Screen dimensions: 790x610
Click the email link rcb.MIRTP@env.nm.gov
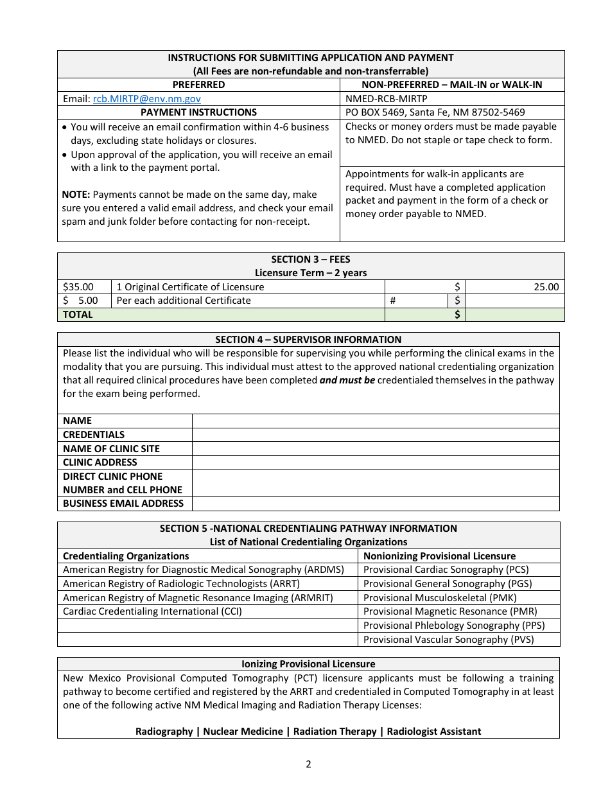click(146, 99)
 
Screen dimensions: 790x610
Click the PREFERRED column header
click(198, 85)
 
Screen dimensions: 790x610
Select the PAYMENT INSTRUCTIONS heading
click(198, 112)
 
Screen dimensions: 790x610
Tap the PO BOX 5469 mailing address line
click(435, 112)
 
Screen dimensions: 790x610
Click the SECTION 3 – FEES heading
click(311, 259)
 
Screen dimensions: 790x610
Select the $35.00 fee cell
click(78, 287)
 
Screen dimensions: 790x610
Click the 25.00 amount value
click(546, 287)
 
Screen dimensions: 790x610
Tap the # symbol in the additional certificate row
click(393, 301)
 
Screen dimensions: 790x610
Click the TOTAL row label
click(78, 315)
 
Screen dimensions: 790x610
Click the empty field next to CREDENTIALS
click(375, 435)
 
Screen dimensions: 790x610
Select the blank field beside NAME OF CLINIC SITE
click(375, 449)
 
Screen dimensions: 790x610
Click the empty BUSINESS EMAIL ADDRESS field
click(375, 504)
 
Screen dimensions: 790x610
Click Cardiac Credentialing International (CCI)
click(152, 611)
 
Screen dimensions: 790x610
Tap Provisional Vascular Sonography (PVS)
click(448, 640)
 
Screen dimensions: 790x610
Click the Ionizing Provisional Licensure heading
click(308, 664)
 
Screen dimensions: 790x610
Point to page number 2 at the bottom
click(308, 764)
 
